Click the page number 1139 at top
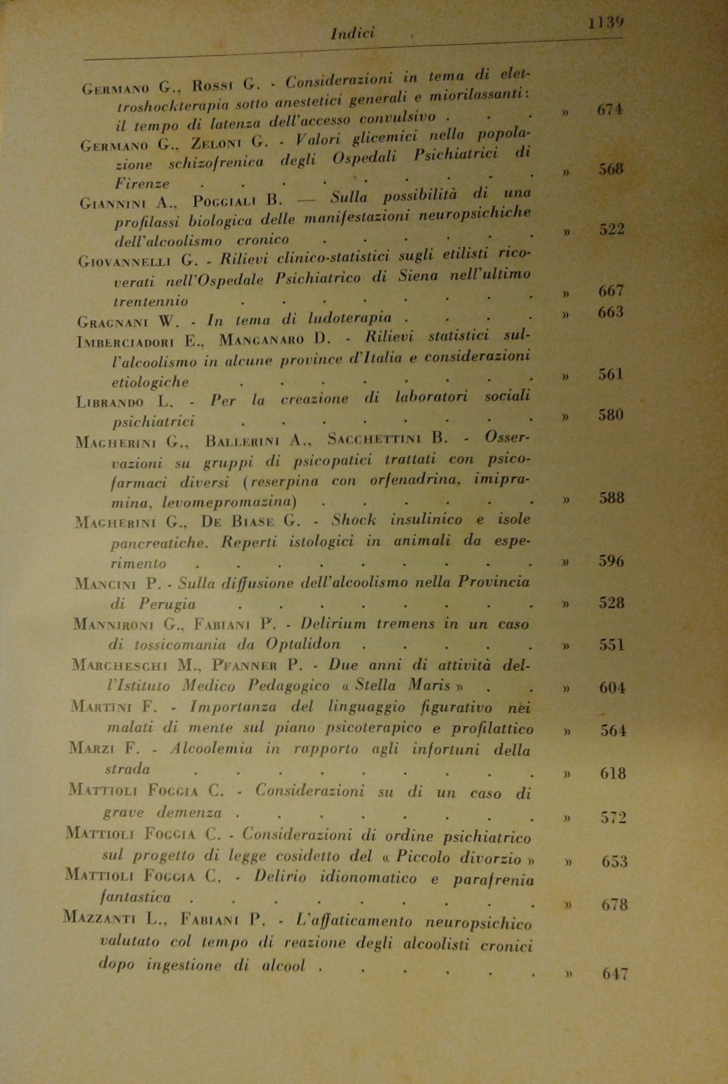[x=605, y=23]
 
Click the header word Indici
[x=353, y=34]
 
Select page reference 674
[x=610, y=110]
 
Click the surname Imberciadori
[x=125, y=342]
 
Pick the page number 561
[x=611, y=375]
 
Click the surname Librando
[x=110, y=402]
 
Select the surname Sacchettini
[x=373, y=439]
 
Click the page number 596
[x=612, y=561]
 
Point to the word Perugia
[x=167, y=604]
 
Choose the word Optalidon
[x=303, y=644]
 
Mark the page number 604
[x=612, y=688]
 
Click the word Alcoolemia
[x=211, y=749]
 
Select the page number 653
[x=614, y=861]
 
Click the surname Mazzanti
[x=99, y=919]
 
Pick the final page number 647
[x=615, y=974]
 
